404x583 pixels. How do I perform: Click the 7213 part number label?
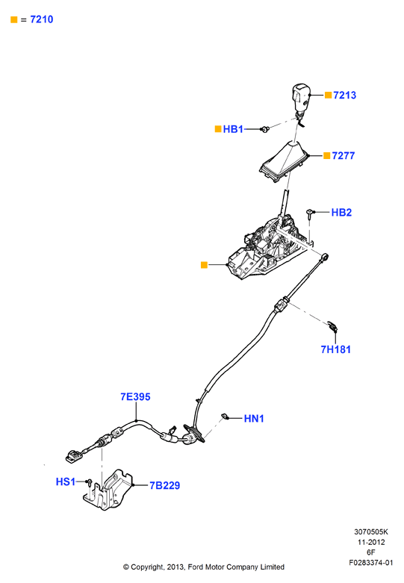pos(344,96)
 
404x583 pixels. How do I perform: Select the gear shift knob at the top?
pos(300,98)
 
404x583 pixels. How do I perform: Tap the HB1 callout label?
pos(233,129)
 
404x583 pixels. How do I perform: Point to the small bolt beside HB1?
pos(264,129)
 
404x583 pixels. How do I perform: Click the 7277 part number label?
pos(344,155)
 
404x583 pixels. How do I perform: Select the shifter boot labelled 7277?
pos(285,162)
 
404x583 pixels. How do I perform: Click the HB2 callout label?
pos(341,212)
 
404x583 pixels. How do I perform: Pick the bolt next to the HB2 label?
pos(310,213)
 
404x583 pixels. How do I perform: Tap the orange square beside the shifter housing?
pos(204,265)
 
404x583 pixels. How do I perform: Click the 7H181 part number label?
pos(335,349)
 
